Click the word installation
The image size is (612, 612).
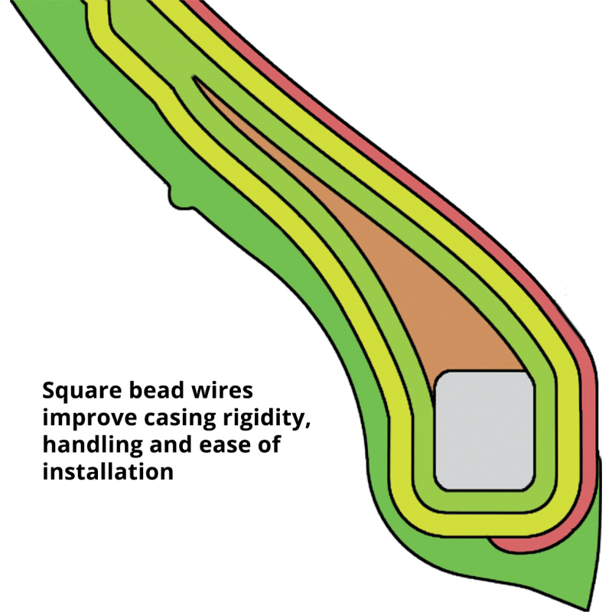click(108, 471)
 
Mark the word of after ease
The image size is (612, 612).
click(269, 444)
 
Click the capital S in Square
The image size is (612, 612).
click(50, 391)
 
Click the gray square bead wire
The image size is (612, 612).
click(484, 431)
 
